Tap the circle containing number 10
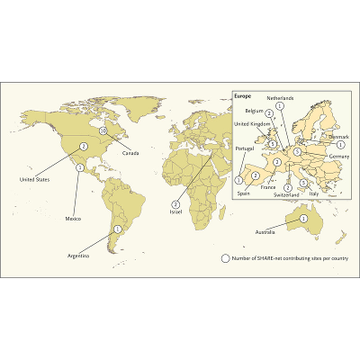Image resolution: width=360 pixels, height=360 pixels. click(104, 130)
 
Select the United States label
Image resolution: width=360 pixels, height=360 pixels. click(35, 179)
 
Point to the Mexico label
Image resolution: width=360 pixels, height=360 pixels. click(73, 219)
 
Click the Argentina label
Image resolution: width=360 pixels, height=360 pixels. click(79, 256)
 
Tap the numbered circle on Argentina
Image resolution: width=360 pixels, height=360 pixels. click(116, 229)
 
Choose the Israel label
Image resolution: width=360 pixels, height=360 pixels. click(175, 211)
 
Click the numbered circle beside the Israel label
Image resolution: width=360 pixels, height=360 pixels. click(175, 203)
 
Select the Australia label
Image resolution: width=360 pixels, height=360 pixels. click(292, 230)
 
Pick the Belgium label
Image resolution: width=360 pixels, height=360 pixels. click(254, 111)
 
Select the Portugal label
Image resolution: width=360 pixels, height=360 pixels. click(245, 148)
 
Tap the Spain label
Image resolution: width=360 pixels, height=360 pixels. click(243, 192)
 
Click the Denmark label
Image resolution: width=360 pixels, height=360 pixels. click(338, 137)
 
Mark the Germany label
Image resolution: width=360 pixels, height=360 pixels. click(338, 157)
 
